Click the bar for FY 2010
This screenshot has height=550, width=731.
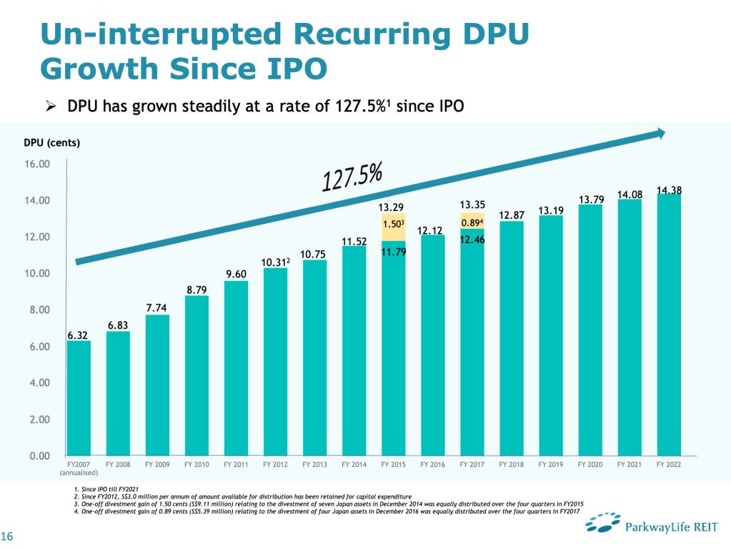coord(197,375)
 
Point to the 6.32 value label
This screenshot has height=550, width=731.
coord(79,335)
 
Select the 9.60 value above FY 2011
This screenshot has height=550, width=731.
coord(237,275)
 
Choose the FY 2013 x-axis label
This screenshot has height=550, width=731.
coord(314,465)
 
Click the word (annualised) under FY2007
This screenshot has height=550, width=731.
coord(78,473)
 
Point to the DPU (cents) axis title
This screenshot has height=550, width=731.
coord(52,142)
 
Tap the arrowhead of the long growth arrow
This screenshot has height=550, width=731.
coord(661,133)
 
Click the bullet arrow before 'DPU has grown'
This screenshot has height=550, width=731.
coord(50,107)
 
